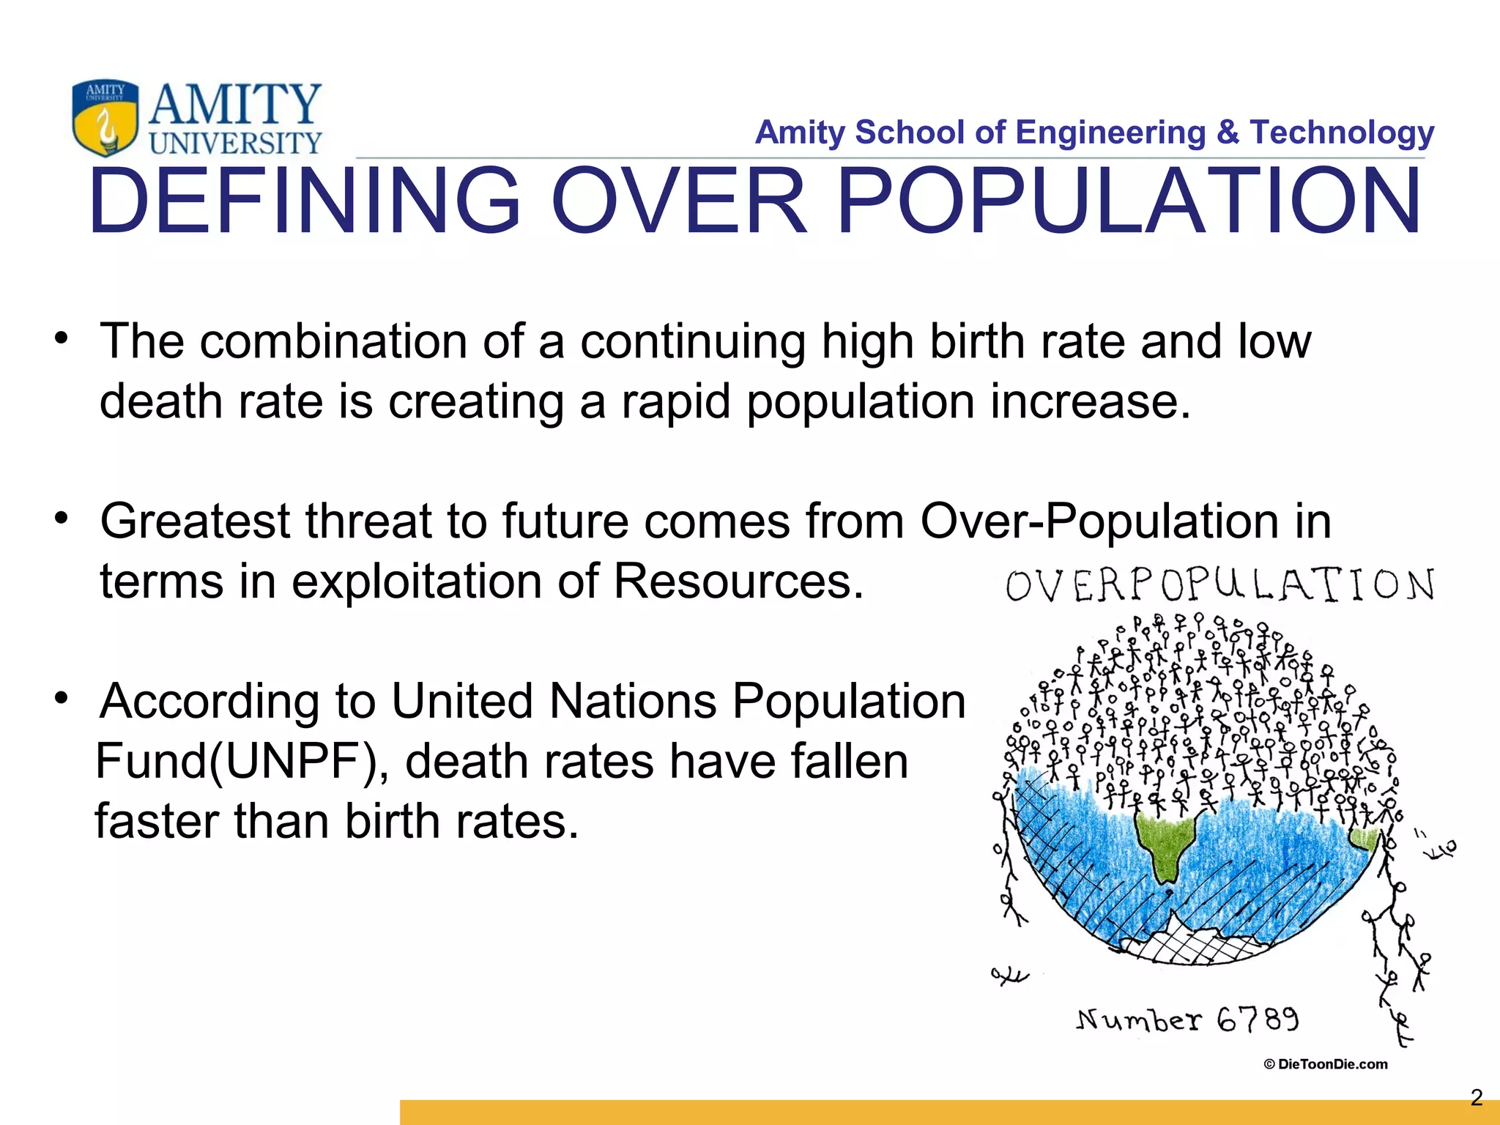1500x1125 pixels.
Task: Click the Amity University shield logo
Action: click(x=105, y=117)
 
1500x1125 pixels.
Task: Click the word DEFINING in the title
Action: click(x=304, y=201)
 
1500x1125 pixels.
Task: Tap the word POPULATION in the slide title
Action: click(x=1128, y=201)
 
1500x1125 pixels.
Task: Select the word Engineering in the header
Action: click(x=1110, y=133)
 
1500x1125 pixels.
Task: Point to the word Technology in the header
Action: click(x=1342, y=133)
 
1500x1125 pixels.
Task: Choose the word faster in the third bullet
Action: click(x=157, y=821)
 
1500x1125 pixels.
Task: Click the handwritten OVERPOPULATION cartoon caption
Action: click(x=1219, y=585)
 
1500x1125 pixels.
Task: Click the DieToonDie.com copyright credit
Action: click(x=1326, y=1064)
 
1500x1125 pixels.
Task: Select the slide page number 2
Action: click(x=1477, y=1096)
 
